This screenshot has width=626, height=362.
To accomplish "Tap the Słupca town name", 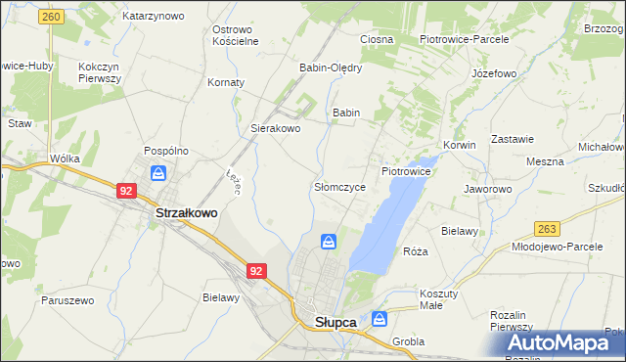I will tap(335, 322).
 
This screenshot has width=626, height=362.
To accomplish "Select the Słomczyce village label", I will tap(339, 186).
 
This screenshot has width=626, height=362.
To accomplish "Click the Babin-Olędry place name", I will tap(331, 68).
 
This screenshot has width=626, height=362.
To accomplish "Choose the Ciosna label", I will tap(377, 39).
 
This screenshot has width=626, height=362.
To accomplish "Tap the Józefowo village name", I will tap(493, 73).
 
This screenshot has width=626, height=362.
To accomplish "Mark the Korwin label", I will tap(459, 145).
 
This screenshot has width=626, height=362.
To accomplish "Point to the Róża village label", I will tap(416, 251).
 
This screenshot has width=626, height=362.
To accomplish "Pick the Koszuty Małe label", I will tap(431, 299).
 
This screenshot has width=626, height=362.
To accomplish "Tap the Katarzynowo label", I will tap(154, 17).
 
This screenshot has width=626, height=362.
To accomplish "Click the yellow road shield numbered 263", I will tap(547, 228).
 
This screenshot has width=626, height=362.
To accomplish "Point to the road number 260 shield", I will tap(53, 17).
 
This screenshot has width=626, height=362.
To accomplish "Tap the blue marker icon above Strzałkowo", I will tap(158, 173).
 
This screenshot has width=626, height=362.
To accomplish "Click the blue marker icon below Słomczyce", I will tap(330, 241).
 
